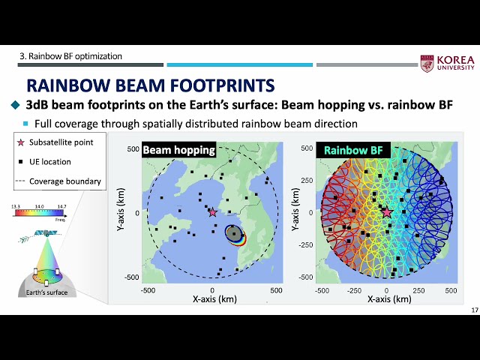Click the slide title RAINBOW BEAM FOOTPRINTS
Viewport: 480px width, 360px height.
coord(150,85)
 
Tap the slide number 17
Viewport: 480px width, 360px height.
coord(474,310)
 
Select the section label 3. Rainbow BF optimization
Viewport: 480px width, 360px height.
coord(70,56)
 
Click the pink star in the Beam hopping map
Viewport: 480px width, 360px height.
coord(212,212)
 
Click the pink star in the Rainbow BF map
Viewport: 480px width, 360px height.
coord(387,213)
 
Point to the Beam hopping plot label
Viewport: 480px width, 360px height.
coord(178,150)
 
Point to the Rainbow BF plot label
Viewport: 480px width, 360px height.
coord(346,150)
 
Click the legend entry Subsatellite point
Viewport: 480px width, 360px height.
coord(63,142)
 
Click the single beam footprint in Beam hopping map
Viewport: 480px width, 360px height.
coord(235,234)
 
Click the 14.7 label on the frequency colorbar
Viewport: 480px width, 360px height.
coord(61,205)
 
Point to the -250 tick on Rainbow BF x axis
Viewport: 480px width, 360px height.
coord(355,290)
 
